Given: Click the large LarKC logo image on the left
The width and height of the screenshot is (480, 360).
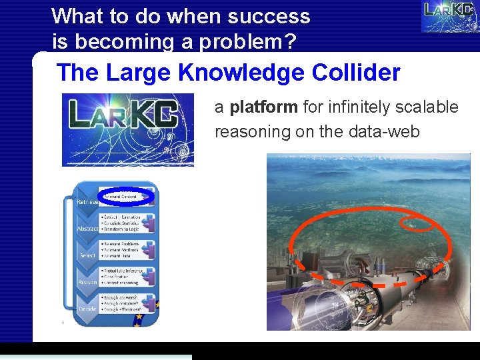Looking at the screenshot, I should pos(127,130).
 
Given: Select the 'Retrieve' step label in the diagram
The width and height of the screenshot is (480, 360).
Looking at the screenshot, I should pos(87,201).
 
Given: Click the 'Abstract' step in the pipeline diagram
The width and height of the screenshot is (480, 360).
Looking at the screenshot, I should pos(87,229).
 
